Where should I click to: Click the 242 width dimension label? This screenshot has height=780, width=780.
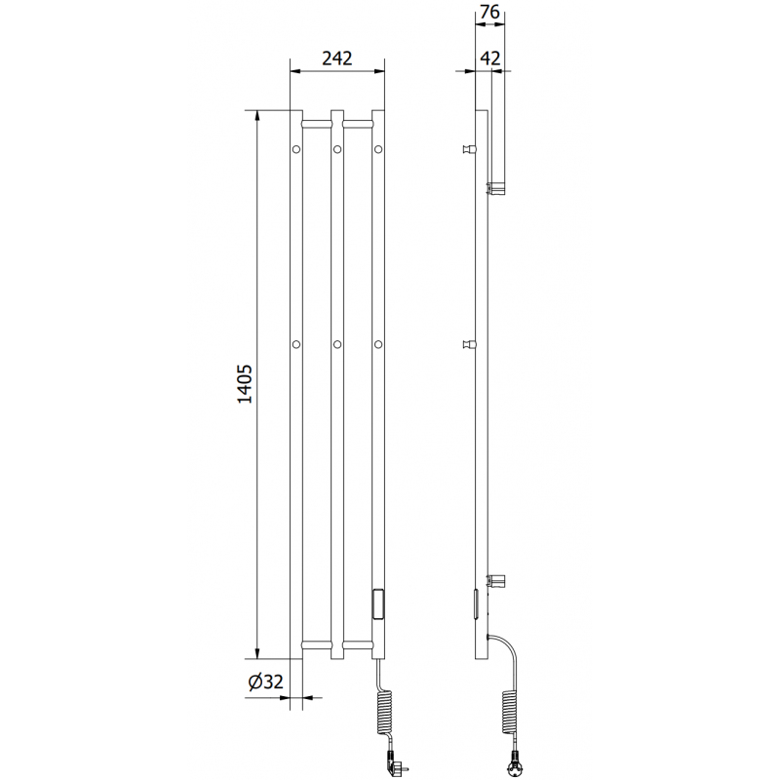coord(336,58)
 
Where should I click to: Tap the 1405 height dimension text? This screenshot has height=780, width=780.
coord(245,383)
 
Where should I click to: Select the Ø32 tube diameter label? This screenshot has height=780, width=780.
coord(265,682)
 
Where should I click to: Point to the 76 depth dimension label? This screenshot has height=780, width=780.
coord(490,12)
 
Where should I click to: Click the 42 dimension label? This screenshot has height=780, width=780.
coord(490,58)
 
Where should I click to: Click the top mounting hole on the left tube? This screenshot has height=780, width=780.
coord(296,149)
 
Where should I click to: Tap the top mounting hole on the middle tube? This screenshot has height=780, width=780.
coord(337,149)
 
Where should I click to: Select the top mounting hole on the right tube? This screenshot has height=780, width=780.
coord(378,149)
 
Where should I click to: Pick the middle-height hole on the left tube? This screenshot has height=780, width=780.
coord(296,344)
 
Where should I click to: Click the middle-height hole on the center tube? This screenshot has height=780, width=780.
coord(337,344)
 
